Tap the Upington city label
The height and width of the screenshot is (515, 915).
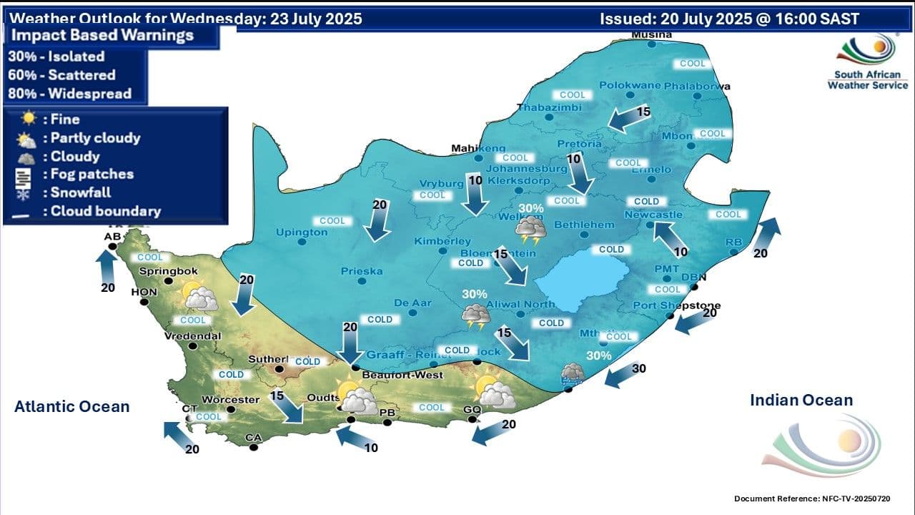pos(302,232)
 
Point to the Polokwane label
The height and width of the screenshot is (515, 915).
pos(628,85)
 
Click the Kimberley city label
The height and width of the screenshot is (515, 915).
pos(442,242)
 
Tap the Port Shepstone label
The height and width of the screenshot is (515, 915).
pos(676,306)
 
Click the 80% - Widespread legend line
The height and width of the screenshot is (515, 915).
pos(69,94)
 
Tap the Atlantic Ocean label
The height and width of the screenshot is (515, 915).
pos(72,406)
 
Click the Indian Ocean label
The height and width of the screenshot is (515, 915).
pos(801,400)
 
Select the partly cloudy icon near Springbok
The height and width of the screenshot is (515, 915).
pos(199,295)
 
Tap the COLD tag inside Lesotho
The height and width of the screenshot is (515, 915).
pos(611,250)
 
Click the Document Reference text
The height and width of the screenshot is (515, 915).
pos(812,498)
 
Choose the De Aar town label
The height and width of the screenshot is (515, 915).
pos(412,303)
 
